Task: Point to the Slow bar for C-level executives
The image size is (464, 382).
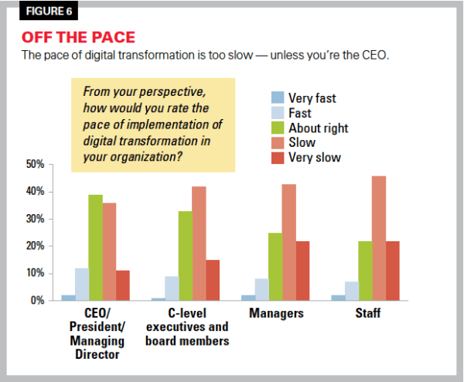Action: coord(200,244)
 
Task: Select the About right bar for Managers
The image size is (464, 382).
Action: coord(275,266)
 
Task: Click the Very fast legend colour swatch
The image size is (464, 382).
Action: coord(277,98)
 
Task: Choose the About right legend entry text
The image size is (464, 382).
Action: coord(318,128)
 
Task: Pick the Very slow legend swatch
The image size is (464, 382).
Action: coord(277,157)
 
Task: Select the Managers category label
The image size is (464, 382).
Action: coord(275,313)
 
